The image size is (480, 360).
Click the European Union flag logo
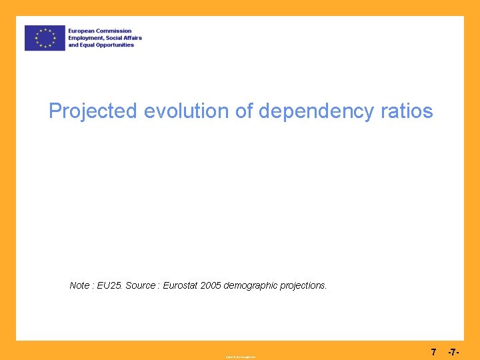(45, 38)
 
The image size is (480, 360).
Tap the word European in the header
(82, 31)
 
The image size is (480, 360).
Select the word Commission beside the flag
(115, 31)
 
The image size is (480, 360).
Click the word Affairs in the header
(132, 38)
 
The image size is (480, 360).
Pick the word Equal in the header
(87, 45)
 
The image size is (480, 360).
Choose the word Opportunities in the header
(115, 45)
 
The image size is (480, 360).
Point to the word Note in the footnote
(79, 285)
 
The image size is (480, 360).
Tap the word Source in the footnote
(140, 285)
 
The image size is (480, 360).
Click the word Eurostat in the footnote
(180, 285)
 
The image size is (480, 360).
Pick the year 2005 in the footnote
(212, 285)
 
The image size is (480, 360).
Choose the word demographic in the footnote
(254, 285)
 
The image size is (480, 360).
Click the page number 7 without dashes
(433, 351)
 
